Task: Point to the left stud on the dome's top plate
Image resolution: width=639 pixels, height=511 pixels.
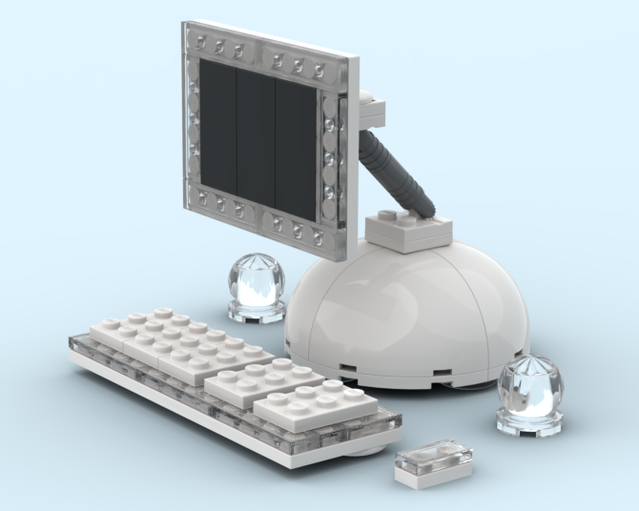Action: pyautogui.click(x=385, y=216)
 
